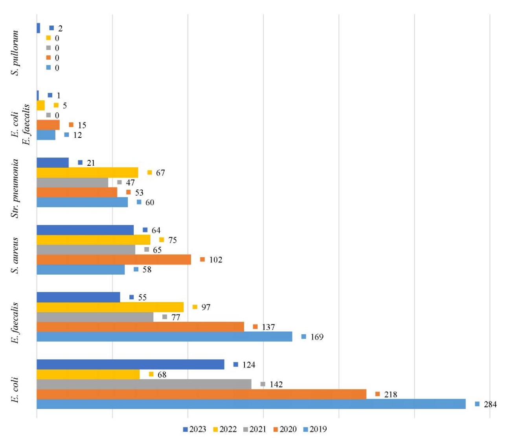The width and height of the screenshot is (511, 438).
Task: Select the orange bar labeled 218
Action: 201,394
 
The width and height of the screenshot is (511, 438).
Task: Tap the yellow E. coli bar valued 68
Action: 88,374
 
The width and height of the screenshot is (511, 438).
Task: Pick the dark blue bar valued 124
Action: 131,365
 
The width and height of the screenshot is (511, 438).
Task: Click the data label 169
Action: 316,337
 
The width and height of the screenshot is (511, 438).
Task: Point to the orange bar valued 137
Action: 140,327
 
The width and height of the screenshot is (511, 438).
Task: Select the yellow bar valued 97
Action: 110,307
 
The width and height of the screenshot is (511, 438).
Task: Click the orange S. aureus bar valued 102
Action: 114,260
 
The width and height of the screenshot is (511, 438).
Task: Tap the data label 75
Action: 172,240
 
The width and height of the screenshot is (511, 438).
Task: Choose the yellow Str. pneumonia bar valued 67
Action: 87,173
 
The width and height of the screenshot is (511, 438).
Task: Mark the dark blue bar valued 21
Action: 53,163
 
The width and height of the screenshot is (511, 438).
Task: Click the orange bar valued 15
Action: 48,125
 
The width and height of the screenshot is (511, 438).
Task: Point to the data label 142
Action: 276,385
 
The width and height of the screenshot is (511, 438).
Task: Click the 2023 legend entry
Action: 195,429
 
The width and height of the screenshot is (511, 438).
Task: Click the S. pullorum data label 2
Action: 60,28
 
